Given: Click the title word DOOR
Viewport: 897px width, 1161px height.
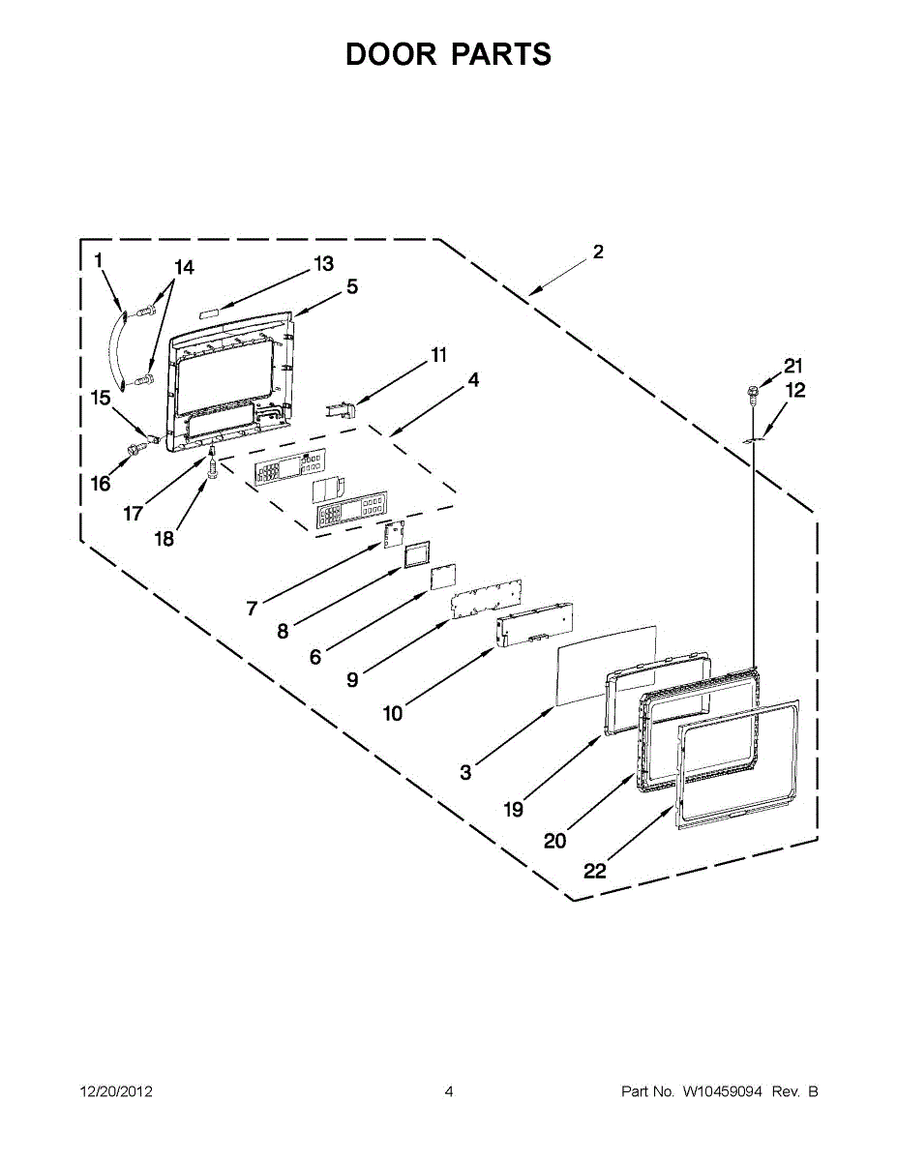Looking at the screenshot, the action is [x=391, y=54].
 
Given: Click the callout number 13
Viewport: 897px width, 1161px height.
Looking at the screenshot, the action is [x=322, y=263].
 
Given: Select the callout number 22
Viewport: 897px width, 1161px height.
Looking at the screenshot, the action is [x=594, y=871].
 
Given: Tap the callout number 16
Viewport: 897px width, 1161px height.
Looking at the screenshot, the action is [x=101, y=484].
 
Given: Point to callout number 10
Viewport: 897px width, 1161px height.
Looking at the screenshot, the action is [x=392, y=714].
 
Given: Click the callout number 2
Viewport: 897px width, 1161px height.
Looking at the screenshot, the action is [x=598, y=252].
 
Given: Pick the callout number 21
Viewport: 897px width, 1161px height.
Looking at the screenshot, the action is [x=793, y=366].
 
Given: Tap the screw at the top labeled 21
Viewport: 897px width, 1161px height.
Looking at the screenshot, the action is [x=751, y=391].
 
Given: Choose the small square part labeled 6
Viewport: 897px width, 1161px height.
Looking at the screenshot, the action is [x=442, y=576].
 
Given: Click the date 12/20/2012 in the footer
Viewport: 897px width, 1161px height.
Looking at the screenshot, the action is [x=115, y=1091].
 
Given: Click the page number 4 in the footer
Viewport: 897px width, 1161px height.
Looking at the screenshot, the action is [x=449, y=1091].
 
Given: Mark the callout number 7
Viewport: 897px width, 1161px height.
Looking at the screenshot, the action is [x=252, y=608].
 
